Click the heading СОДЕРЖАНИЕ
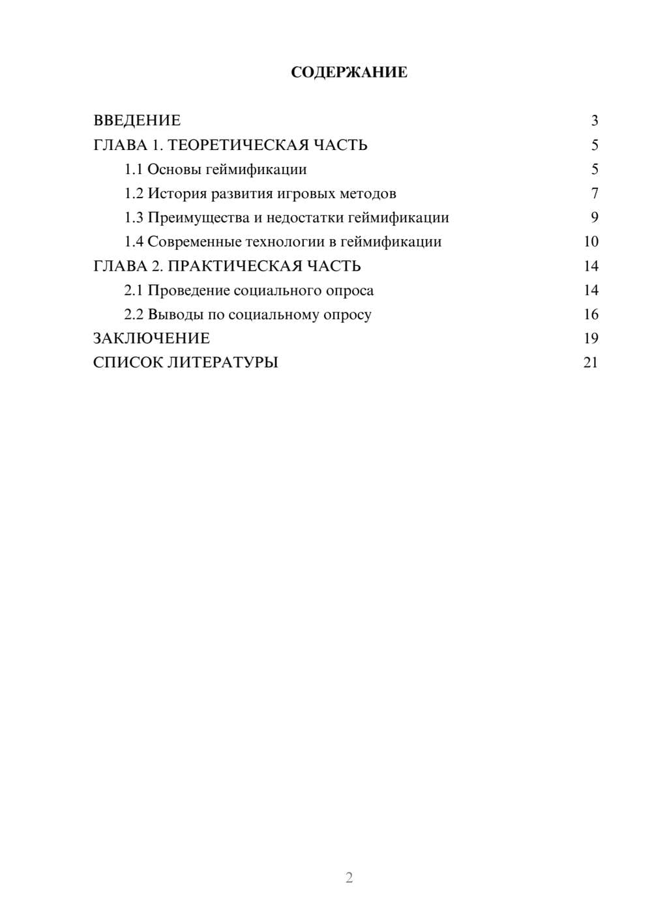coord(349,72)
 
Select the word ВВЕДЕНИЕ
coord(137,121)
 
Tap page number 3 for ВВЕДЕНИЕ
coord(594,121)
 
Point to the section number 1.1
coord(134,170)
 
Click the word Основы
coord(174,170)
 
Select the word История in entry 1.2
coord(177,194)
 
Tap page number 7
coord(594,194)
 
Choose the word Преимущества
coord(199,218)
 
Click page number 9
coord(594,218)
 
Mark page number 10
coord(591,242)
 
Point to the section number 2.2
coord(134,314)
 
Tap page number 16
coord(591,314)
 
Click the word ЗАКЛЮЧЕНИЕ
coord(151,338)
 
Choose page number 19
coord(591,338)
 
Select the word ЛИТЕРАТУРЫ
coord(222,363)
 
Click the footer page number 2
coord(349,878)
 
